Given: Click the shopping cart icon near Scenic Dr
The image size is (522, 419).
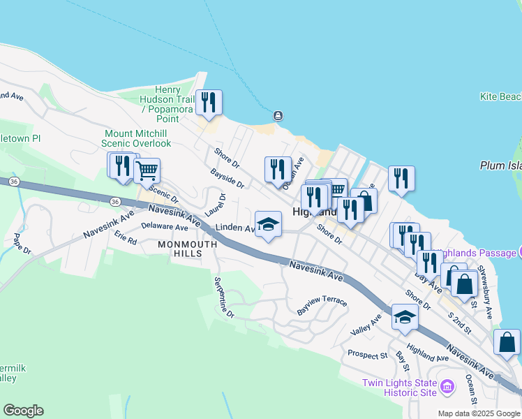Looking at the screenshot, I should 147,169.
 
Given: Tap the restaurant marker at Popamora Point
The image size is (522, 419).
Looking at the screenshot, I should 209,103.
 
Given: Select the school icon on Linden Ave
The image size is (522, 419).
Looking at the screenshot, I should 268,224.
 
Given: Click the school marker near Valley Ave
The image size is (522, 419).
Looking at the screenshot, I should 405,317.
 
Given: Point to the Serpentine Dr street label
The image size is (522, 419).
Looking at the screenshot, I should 224,297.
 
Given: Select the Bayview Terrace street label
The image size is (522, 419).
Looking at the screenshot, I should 322,301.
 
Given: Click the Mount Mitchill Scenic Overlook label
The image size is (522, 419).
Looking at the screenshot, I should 137,138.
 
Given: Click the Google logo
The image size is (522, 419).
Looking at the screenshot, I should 23,411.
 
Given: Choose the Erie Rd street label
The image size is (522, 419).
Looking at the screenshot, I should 126,238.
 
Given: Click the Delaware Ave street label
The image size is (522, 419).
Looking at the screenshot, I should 165,227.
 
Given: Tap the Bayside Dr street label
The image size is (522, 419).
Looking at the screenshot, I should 227,178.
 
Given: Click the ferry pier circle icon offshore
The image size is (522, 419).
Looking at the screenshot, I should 278,115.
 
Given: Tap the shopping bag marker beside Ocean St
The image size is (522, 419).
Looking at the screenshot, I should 507,342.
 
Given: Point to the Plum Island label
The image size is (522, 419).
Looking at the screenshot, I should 500,166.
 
